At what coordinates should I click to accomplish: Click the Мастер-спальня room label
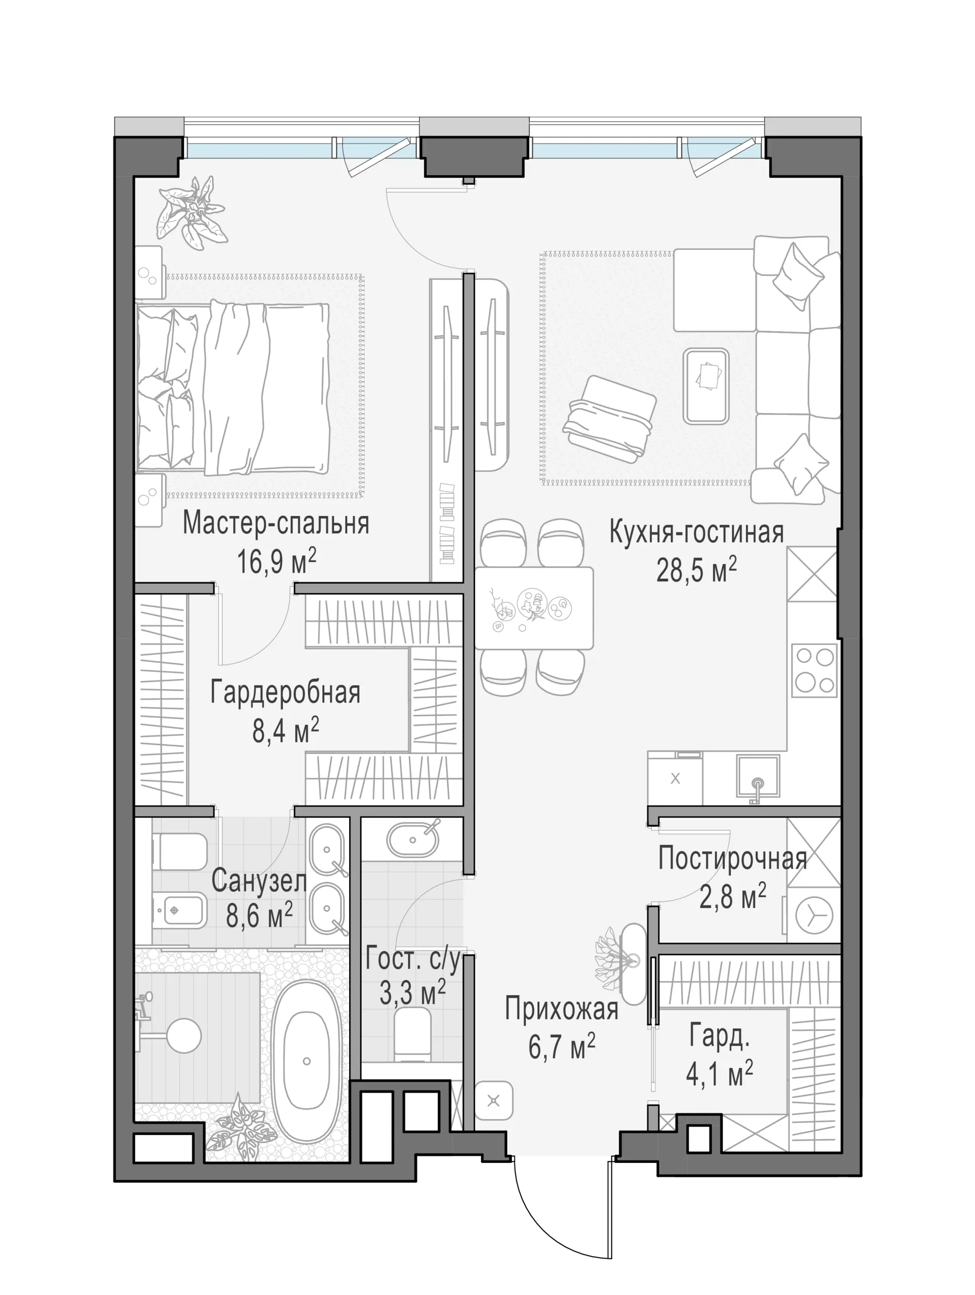276,524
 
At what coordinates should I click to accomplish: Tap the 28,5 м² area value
696,570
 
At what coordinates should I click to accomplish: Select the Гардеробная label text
285,693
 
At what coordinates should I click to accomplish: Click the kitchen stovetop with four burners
814,670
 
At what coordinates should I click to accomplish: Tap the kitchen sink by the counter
758,776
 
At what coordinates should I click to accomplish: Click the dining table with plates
534,608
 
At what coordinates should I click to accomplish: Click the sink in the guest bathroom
413,840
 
